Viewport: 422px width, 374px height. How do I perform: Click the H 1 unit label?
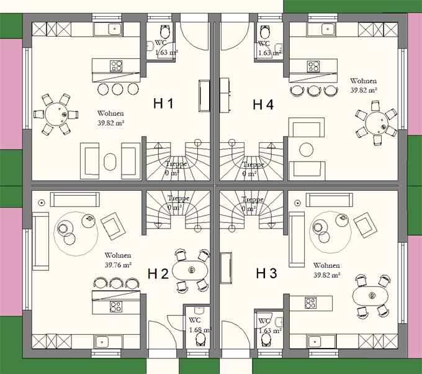coord(163,104)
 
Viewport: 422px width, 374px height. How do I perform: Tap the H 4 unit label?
coord(263,104)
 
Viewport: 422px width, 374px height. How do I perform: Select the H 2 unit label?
coord(158,274)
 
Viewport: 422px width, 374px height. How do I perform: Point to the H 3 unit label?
coord(266,273)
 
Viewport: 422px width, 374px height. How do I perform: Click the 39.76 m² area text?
coord(118,265)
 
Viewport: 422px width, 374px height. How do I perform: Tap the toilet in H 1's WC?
coord(164,31)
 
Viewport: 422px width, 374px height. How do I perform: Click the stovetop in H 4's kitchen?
coord(314,66)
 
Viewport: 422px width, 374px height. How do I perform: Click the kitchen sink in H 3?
coord(315,342)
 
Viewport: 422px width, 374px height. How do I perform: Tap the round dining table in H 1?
coord(56,114)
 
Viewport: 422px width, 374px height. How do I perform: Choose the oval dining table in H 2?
coord(190,270)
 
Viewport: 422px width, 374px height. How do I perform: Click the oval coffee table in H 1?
coord(110,162)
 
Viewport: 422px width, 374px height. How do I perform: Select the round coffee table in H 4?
coord(307,150)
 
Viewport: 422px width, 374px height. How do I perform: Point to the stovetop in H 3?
coord(310,303)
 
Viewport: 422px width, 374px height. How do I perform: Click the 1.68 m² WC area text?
coord(200,330)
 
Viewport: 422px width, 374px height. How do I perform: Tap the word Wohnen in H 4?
coord(363,81)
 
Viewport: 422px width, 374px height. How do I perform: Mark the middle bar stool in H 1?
coord(118,89)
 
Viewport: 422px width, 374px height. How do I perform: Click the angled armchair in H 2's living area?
coord(113,226)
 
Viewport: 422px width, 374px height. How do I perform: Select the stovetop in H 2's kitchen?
coord(116,307)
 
